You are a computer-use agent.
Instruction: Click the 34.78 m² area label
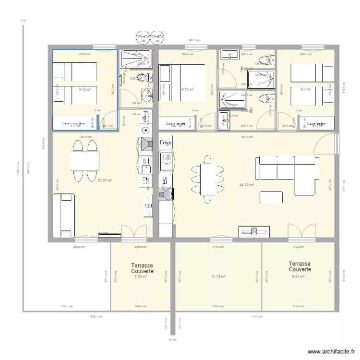(x=246, y=185)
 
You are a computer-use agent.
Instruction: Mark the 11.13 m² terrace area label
(x=218, y=276)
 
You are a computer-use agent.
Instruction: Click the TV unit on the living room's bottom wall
(x=254, y=232)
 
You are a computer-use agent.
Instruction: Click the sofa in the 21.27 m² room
(x=64, y=216)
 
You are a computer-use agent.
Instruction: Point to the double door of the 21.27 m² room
(x=134, y=232)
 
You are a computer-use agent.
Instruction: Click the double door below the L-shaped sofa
(x=302, y=232)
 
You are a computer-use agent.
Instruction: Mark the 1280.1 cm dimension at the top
(x=193, y=41)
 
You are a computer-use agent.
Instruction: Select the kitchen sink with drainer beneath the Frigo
(x=166, y=162)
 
